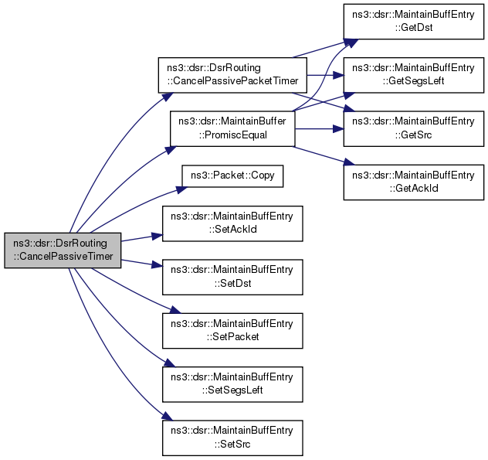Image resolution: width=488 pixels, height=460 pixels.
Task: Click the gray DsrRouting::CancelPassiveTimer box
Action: coord(63,250)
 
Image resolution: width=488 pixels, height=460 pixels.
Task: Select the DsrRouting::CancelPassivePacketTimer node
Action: coord(232,75)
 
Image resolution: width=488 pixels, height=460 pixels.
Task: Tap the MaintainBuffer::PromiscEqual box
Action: coord(232,128)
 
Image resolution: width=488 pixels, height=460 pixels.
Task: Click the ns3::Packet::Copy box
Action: coord(232,176)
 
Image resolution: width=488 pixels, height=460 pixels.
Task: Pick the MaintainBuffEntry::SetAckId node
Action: coord(232,223)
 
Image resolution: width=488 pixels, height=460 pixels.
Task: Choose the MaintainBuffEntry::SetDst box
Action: coord(232,277)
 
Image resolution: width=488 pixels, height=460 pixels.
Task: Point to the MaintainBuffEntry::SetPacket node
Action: coord(232,331)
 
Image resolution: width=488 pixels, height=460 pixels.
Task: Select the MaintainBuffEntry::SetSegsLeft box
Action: coord(232,384)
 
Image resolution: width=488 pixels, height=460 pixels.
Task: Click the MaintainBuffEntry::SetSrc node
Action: coord(232,438)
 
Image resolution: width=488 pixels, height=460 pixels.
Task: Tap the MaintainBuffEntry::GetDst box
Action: coord(414,22)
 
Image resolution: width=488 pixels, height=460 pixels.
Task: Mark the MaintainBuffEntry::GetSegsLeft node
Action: coord(414,75)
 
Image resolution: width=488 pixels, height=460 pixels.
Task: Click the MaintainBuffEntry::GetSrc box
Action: coord(414,128)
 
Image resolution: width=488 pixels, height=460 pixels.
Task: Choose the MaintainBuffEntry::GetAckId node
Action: coord(414,182)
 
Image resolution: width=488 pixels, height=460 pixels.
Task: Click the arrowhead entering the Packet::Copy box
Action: coord(182,189)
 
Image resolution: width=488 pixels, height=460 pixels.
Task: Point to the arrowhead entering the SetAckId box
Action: coord(158,237)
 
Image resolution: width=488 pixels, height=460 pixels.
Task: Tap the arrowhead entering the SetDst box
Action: coord(158,265)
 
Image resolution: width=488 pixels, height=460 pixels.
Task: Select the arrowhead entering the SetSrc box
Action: coord(168,417)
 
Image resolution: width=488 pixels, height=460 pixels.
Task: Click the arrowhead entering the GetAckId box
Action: coord(349,162)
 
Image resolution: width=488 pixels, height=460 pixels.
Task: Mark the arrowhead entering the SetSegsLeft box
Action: coord(170,363)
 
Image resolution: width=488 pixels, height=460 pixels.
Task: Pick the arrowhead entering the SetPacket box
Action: coord(175,310)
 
